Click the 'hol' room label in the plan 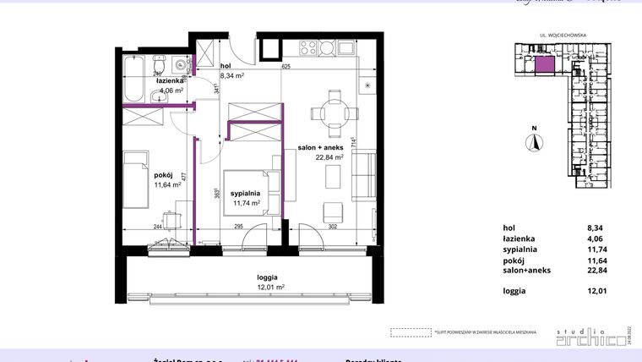pos(226,65)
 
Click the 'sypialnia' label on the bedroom pos(244,193)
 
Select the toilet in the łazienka pos(159,65)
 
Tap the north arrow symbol pos(533,143)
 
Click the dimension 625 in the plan pos(286,66)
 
